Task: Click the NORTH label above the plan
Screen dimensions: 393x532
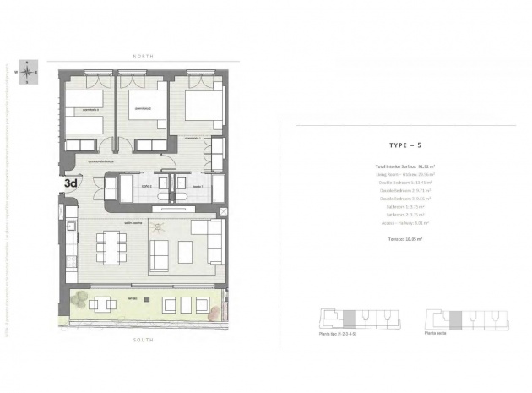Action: tap(142, 56)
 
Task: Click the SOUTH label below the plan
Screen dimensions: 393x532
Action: tap(142, 340)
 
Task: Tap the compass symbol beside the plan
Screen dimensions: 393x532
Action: tap(30, 72)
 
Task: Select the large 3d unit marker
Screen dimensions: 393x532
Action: tap(71, 181)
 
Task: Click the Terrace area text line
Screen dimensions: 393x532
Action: tap(404, 239)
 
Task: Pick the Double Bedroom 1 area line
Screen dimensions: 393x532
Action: tap(404, 183)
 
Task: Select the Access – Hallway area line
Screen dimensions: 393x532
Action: tap(404, 223)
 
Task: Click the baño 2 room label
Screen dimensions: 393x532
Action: tap(144, 185)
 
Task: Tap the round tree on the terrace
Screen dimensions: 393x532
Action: tap(79, 299)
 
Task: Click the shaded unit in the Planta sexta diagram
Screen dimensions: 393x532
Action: tap(455, 319)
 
